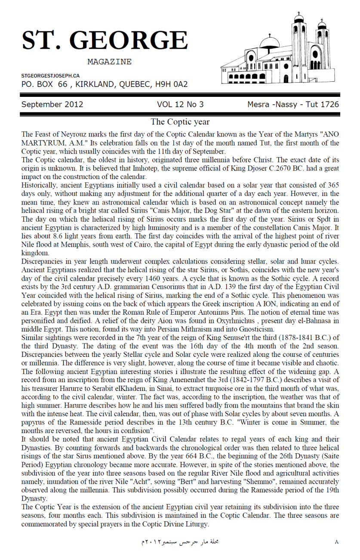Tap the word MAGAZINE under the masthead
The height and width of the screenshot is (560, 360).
pos(109,62)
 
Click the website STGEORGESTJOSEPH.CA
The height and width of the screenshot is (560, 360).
pos(50,76)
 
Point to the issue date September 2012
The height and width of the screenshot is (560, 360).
pos(52,104)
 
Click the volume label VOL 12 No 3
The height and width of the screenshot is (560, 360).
pos(180,104)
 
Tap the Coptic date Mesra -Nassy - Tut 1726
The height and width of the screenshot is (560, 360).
pos(293,104)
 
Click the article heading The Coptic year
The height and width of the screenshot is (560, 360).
pos(180,122)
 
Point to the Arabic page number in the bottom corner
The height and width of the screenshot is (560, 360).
pos(336,541)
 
